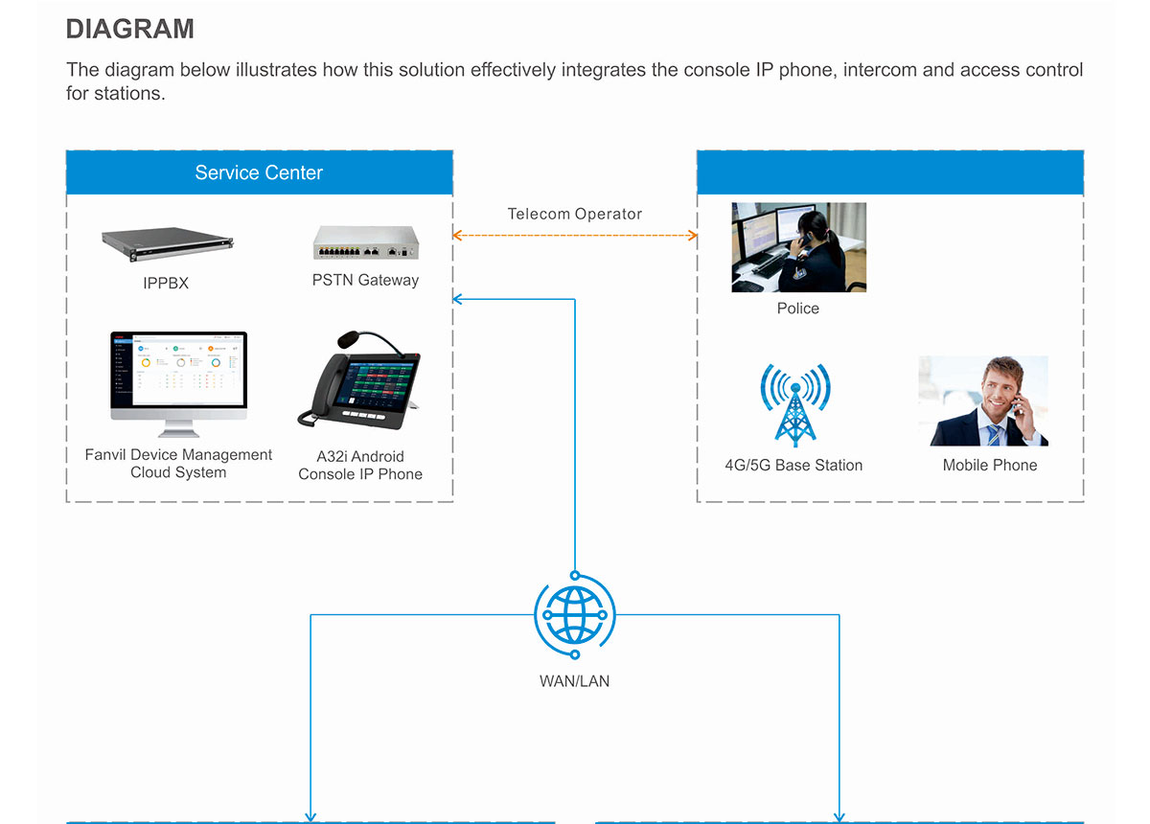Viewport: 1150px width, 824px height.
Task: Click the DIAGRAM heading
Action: (130, 29)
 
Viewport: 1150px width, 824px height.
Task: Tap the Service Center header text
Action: (259, 172)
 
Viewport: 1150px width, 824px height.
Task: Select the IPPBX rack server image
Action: (168, 244)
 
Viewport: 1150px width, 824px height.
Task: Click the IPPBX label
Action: (166, 283)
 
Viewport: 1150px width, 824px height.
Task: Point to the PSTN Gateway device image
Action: (366, 242)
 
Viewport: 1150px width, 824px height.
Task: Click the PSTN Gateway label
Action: (365, 280)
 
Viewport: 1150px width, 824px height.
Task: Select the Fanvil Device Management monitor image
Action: (178, 384)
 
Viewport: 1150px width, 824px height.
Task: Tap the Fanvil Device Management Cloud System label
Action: (178, 463)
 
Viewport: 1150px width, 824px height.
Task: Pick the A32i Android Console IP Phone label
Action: (360, 465)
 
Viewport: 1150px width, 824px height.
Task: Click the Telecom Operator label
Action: (574, 214)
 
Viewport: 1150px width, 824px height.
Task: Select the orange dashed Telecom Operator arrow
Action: (575, 236)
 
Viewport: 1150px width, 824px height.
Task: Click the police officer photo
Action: (799, 247)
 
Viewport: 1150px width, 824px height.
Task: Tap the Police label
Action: (797, 308)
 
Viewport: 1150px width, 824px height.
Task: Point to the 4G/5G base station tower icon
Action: (795, 405)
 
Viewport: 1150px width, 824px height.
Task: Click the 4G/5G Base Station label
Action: (793, 465)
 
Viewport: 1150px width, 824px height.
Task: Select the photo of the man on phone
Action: (983, 401)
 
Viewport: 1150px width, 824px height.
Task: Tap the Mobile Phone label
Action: (990, 465)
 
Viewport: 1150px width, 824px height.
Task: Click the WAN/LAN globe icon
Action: (575, 614)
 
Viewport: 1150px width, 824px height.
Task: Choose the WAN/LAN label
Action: (574, 681)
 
